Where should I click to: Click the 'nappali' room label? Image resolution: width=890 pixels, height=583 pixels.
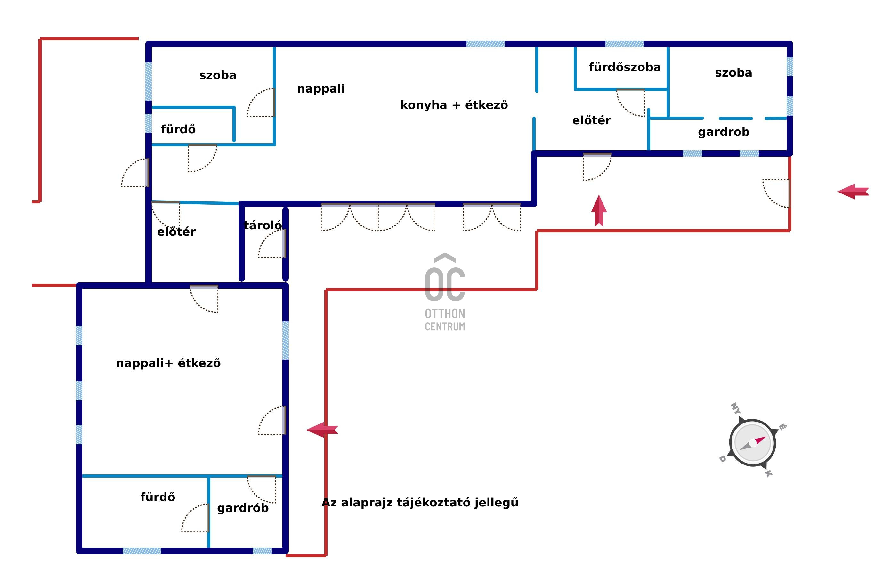point(321,89)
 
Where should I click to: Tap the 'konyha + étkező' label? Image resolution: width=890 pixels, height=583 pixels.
point(454,105)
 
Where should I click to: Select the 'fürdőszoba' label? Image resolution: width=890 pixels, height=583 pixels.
point(625,67)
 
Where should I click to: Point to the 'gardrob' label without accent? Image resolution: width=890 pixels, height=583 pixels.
point(724,132)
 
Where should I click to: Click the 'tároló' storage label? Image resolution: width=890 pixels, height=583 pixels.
point(263,225)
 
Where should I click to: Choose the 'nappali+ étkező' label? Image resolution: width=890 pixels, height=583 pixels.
point(168,363)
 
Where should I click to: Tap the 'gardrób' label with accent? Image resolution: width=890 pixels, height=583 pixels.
point(243,508)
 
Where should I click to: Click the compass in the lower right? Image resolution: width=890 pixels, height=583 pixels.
point(752,443)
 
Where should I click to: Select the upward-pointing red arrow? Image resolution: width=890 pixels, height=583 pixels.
point(599,210)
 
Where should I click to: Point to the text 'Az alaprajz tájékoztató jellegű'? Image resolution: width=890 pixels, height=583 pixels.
point(420,502)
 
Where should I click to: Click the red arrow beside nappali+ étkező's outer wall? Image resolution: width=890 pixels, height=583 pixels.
point(322,430)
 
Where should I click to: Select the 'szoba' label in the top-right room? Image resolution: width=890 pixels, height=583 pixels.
point(733,73)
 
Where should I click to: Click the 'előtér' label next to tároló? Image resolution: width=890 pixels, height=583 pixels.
point(176,232)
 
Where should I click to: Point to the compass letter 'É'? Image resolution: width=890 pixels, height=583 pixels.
point(782,427)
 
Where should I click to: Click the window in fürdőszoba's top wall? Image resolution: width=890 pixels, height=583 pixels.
point(625,44)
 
